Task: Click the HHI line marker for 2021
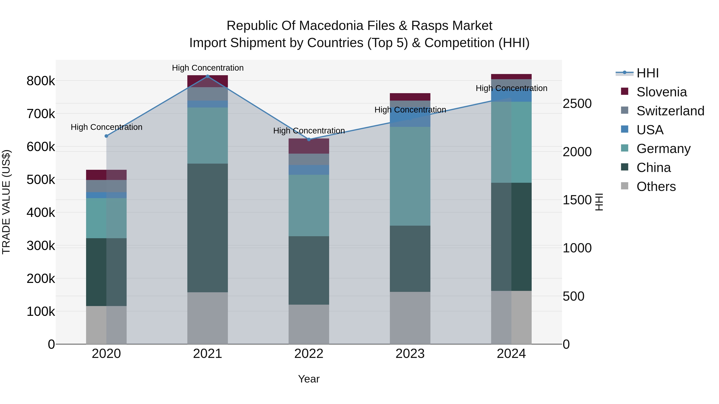[x=207, y=76]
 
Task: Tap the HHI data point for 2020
[x=106, y=136]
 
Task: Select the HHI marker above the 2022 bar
[x=309, y=139]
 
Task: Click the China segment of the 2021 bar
[x=207, y=228]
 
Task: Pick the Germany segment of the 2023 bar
[x=410, y=176]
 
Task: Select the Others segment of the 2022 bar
[x=309, y=324]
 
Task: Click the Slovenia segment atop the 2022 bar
[x=309, y=146]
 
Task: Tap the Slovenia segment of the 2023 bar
[x=410, y=97]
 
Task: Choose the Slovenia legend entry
[x=661, y=92]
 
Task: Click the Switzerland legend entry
[x=670, y=111]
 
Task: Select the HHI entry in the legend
[x=647, y=73]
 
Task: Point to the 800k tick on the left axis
[x=41, y=81]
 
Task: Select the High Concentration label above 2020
[x=106, y=127]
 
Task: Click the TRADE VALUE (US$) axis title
[x=6, y=202]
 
